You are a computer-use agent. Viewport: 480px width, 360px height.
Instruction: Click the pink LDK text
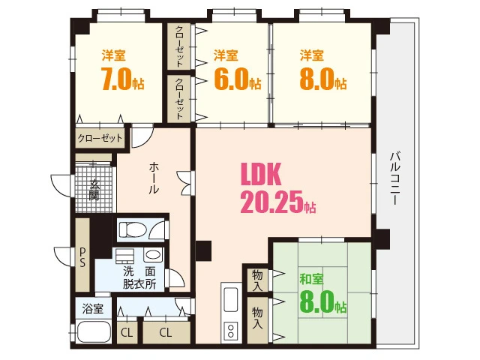pyautogui.click(x=259, y=174)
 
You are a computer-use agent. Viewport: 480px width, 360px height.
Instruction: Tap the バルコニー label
pyautogui.click(x=395, y=180)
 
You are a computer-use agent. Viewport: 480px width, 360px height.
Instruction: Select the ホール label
pyautogui.click(x=153, y=179)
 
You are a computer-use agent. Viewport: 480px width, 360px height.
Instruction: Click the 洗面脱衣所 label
pyautogui.click(x=140, y=277)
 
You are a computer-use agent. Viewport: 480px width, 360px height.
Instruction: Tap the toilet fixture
pyautogui.click(x=135, y=228)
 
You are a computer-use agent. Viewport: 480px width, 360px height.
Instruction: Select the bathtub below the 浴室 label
pyautogui.click(x=94, y=332)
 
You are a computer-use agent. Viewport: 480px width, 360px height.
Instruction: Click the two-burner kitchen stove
pyautogui.click(x=231, y=329)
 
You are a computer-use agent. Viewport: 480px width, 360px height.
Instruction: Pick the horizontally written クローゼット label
pyautogui.click(x=100, y=139)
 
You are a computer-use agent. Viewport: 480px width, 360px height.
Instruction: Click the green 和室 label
pyautogui.click(x=311, y=279)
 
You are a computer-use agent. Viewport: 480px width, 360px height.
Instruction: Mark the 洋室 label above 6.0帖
pyautogui.click(x=226, y=55)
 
